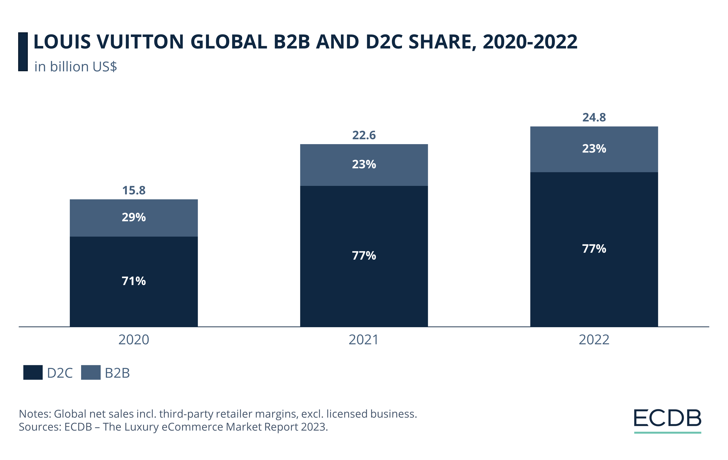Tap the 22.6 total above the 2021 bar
point(364,135)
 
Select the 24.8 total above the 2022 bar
point(594,117)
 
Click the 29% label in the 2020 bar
point(134,217)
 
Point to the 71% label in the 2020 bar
point(134,281)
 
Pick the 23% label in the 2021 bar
point(364,164)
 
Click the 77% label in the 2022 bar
point(594,249)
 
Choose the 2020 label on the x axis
point(134,340)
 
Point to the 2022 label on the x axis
point(594,340)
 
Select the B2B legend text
point(117,373)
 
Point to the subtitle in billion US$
point(76,67)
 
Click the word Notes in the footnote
point(35,414)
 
